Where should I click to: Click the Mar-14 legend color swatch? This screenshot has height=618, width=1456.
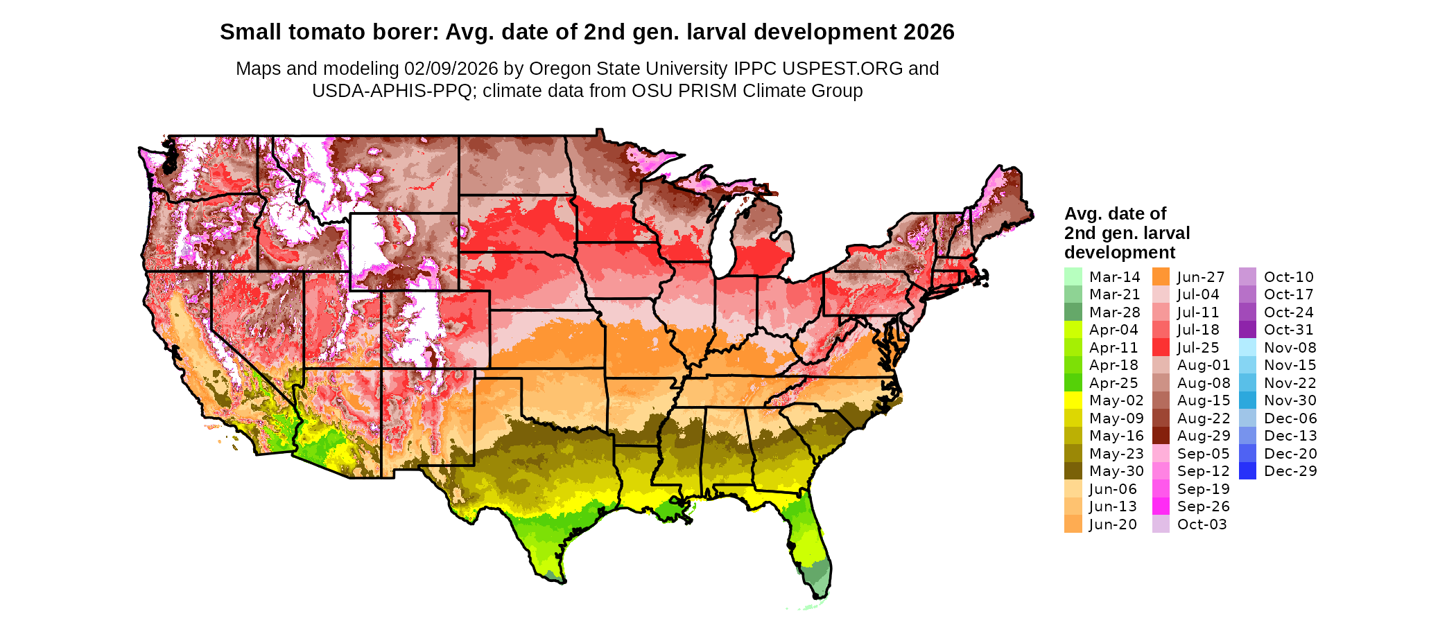click(1073, 276)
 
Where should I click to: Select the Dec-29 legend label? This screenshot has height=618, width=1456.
click(1290, 471)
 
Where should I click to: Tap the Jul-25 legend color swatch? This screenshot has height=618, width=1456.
click(1161, 347)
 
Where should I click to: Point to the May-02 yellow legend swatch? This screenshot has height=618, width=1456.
click(1073, 400)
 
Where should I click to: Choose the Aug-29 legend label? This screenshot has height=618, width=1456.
click(1204, 436)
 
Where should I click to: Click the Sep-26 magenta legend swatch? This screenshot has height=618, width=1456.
click(1161, 506)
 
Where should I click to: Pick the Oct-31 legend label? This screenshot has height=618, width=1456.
click(1288, 330)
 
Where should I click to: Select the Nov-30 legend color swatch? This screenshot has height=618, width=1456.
click(1247, 400)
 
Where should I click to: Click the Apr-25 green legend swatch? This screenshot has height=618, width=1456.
click(1073, 382)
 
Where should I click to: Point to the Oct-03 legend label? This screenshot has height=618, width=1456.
click(1202, 524)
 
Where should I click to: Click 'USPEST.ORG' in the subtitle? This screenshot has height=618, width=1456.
click(842, 69)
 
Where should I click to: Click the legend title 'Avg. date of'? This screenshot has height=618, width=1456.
click(1115, 213)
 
